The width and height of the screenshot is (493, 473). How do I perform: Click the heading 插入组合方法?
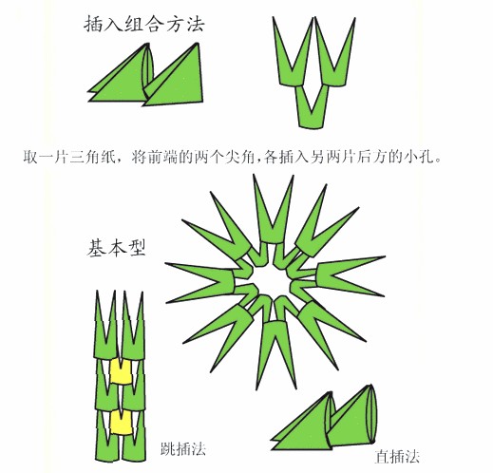[144, 24]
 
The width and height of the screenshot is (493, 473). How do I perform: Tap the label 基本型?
[116, 247]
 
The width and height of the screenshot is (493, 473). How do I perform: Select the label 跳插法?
[183, 448]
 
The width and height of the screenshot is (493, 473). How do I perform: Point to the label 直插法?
[397, 457]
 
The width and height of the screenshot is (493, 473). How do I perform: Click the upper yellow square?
[121, 371]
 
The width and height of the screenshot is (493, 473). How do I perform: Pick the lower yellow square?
[121, 422]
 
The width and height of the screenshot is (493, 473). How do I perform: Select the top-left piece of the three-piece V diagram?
[294, 60]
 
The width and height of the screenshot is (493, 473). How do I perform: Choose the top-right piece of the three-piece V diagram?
[334, 60]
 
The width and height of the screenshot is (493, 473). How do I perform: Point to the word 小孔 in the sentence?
[418, 157]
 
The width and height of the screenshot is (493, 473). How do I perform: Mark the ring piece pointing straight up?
[273, 216]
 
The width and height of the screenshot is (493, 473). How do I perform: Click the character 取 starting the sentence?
[30, 157]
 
